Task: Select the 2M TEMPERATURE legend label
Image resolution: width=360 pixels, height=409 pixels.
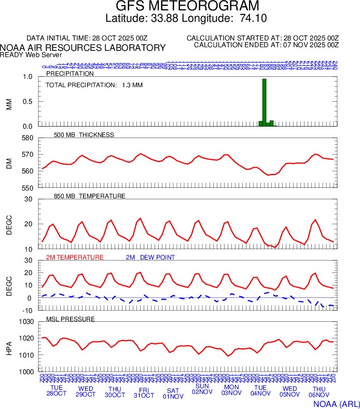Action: click(x=75, y=257)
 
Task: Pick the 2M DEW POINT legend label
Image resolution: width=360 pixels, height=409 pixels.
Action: click(x=150, y=257)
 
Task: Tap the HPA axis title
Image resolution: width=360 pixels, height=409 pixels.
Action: click(x=9, y=347)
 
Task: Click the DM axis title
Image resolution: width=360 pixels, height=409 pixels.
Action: click(x=9, y=163)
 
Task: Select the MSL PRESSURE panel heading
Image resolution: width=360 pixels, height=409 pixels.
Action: click(x=71, y=319)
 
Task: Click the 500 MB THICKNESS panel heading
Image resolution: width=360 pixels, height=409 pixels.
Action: click(x=84, y=135)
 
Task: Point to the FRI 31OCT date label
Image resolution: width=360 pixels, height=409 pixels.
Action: click(x=144, y=392)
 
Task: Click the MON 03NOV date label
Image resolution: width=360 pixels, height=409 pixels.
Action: click(x=231, y=390)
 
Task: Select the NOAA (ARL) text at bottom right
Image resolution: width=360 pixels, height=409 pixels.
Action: click(x=336, y=403)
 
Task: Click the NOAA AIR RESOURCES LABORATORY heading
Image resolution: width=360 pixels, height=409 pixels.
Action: click(x=83, y=48)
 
